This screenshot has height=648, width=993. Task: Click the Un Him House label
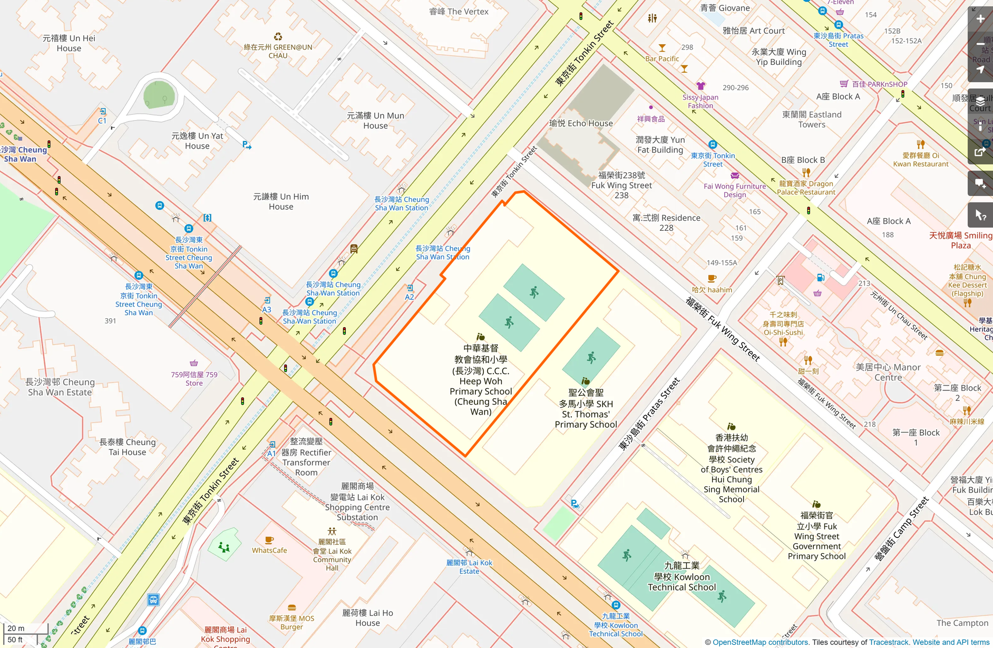coord(281,202)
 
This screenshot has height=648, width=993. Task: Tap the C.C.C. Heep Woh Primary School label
coord(481,380)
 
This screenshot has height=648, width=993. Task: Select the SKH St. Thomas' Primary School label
coord(586,408)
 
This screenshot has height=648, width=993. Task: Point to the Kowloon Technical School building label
coord(682,576)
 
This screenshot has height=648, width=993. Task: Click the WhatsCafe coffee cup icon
coord(269,540)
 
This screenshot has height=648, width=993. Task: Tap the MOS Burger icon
coord(291,607)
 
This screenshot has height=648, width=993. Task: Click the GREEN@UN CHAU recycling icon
coord(278,36)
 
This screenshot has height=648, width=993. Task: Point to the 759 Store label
coord(194,379)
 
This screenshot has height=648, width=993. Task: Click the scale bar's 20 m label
coord(16,628)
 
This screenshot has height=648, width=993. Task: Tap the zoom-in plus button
coord(980,19)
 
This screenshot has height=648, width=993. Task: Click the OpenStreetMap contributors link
coord(760,642)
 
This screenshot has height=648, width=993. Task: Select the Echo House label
coord(581,123)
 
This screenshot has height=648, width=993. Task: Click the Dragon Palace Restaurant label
coord(806,188)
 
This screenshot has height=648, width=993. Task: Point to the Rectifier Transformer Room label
coord(306,457)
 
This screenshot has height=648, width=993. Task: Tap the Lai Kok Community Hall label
coord(332,555)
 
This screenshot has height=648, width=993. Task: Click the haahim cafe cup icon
coord(712,278)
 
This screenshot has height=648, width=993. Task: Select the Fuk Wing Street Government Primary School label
coord(816,535)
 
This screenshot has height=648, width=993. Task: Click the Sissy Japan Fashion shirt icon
coord(700,86)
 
